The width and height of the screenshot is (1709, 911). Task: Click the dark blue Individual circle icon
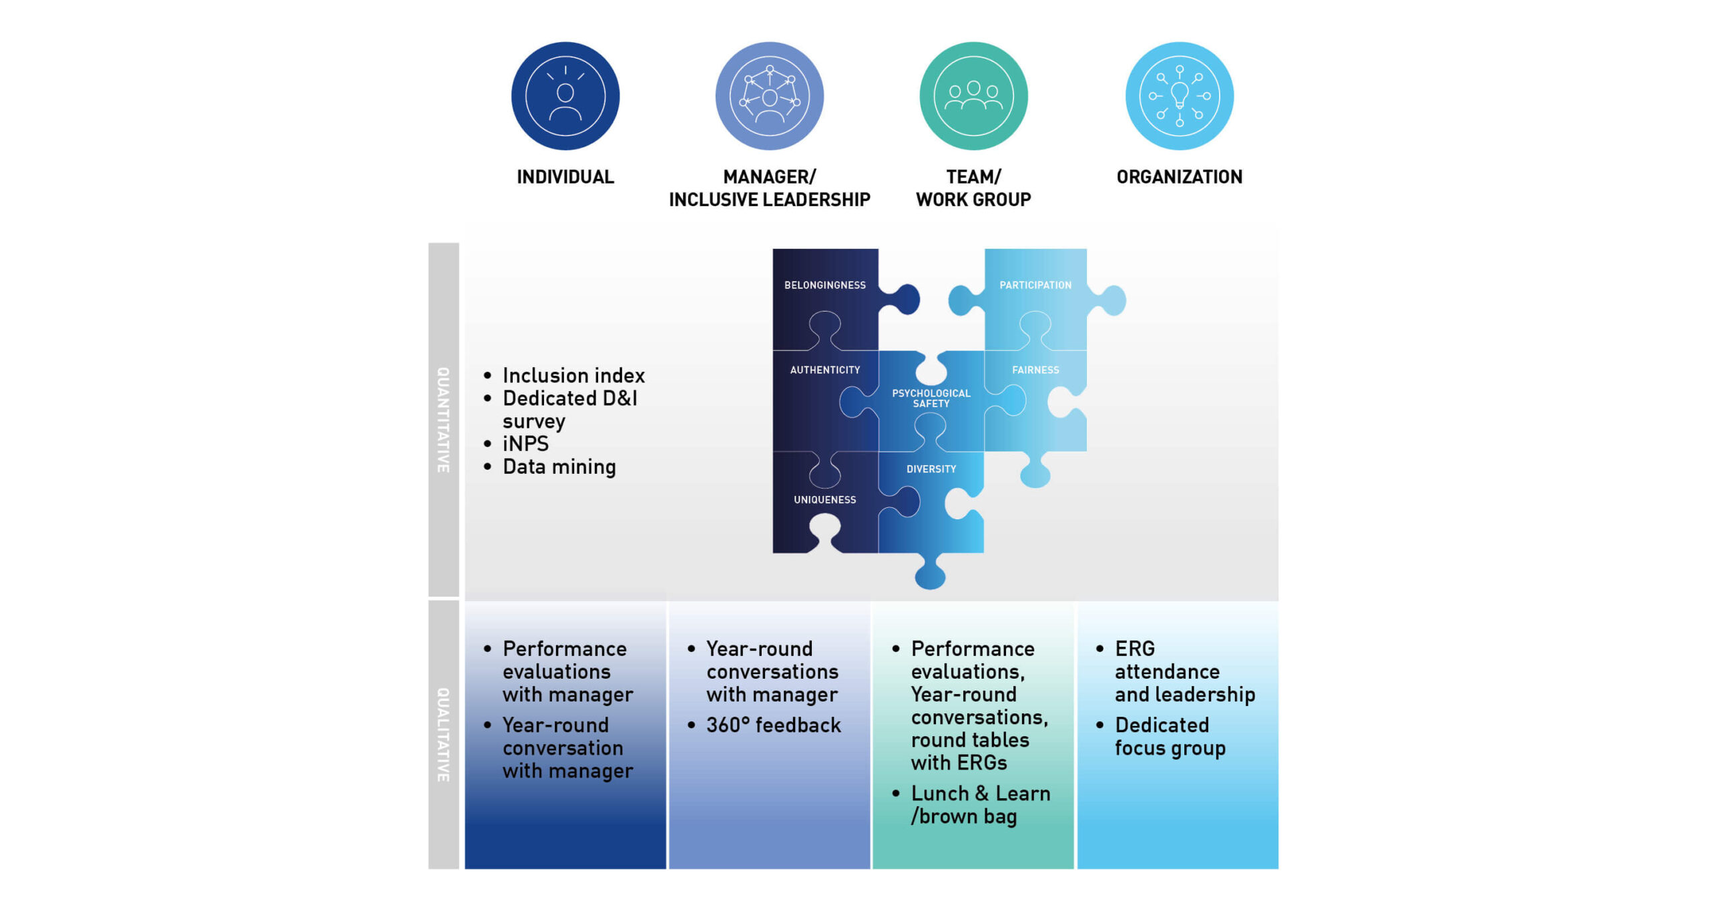click(x=565, y=96)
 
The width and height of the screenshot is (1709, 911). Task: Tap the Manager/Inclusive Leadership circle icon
click(x=769, y=96)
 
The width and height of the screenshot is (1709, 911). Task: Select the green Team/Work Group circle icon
click(x=973, y=96)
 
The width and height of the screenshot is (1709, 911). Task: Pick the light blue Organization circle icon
click(x=1179, y=96)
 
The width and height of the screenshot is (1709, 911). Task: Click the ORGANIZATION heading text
click(x=1179, y=177)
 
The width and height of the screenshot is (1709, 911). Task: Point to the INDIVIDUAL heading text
click(x=565, y=177)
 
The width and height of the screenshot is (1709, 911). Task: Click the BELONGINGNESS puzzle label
click(x=824, y=285)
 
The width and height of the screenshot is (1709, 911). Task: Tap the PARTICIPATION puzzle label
click(x=1035, y=285)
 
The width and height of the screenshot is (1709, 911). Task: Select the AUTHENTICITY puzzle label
click(x=824, y=370)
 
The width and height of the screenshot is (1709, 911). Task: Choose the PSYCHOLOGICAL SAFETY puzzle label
click(x=931, y=398)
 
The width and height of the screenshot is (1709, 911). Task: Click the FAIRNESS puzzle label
click(x=1035, y=370)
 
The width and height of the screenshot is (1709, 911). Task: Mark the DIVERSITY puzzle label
click(x=931, y=469)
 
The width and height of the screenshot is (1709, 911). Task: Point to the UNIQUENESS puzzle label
click(x=824, y=500)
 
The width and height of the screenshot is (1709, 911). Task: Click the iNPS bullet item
click(x=525, y=444)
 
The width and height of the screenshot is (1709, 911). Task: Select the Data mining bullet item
click(x=559, y=467)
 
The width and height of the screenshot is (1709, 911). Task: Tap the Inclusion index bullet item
click(x=573, y=375)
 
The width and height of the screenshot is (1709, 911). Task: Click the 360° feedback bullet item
click(x=773, y=725)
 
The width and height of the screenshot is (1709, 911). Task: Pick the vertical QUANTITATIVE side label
click(x=443, y=420)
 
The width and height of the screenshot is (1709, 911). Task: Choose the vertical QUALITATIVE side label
click(x=443, y=735)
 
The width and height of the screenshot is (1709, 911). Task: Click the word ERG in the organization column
click(x=1134, y=648)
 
